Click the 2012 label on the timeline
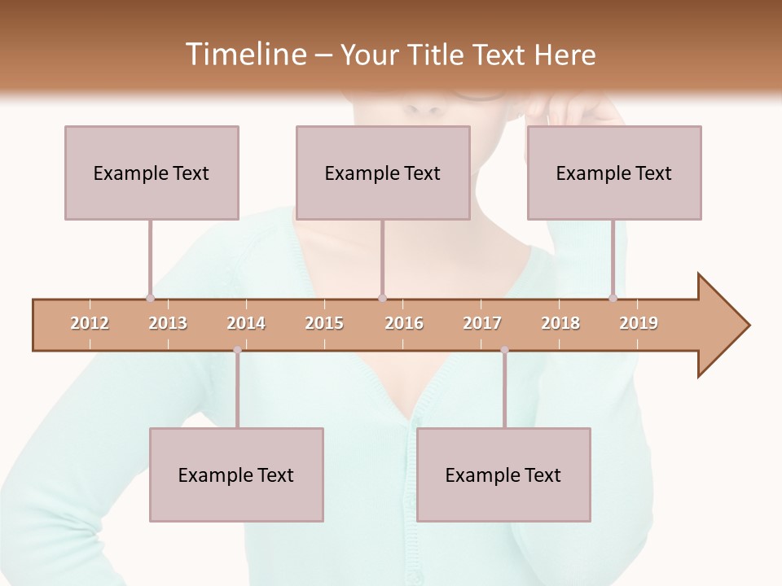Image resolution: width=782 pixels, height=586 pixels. (90, 323)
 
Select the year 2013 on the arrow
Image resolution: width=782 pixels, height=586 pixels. (168, 323)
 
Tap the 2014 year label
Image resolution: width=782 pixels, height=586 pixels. (246, 323)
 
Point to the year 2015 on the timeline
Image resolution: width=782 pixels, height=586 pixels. (324, 323)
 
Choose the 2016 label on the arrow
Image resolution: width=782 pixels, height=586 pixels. (404, 323)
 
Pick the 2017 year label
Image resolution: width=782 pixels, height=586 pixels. (482, 323)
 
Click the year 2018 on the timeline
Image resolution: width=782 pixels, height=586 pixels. (560, 323)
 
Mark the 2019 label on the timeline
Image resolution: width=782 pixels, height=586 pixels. (639, 323)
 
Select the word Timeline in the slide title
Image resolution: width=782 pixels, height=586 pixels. (244, 55)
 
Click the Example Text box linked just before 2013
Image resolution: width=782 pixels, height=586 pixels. (152, 173)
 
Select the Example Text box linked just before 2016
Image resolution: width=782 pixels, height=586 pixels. (383, 173)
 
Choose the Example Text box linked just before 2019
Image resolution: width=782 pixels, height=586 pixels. (614, 173)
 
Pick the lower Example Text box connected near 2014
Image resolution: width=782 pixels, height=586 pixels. (236, 474)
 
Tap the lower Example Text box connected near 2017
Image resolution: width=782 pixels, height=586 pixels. (503, 474)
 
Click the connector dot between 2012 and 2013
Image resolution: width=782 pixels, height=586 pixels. (150, 298)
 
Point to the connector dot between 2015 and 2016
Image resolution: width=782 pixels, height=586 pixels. (383, 298)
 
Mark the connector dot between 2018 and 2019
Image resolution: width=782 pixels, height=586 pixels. (613, 298)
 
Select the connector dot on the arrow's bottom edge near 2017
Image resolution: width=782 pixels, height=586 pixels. (504, 350)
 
